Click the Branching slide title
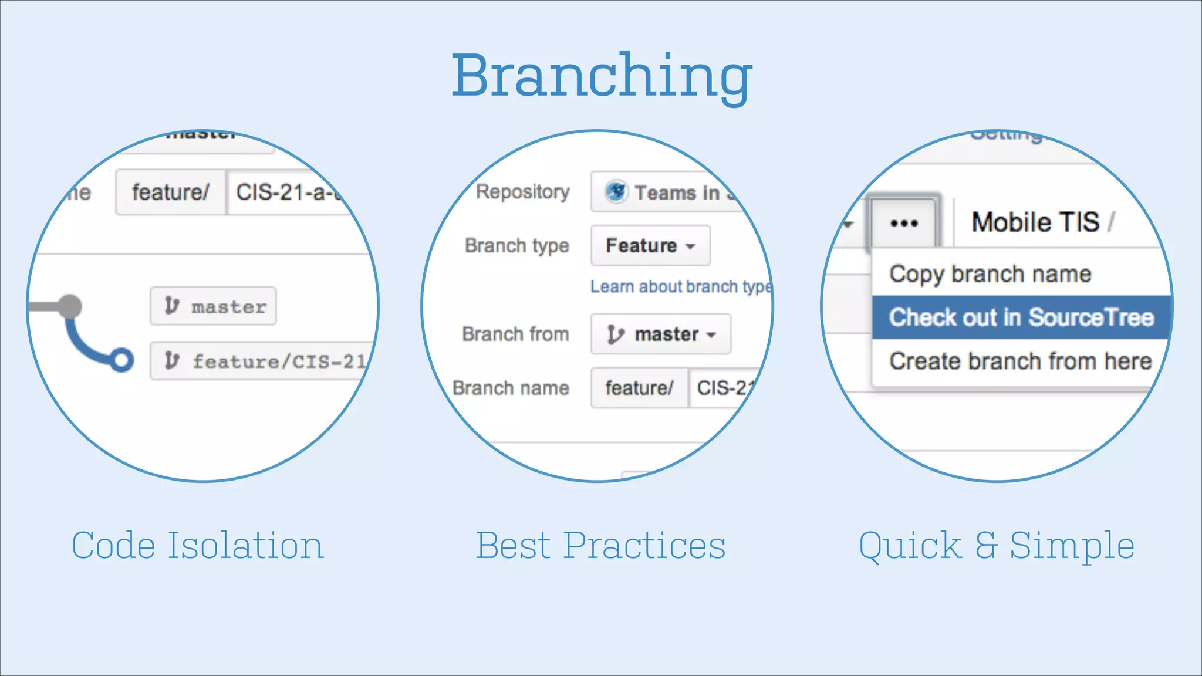coord(602,76)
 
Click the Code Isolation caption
coord(197,546)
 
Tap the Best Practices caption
coord(600,546)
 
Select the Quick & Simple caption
coord(996,546)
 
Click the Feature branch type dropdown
coord(650,245)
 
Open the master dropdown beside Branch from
coord(661,334)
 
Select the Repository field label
coord(522,192)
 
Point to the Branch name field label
coord(511,388)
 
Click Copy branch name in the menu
coord(990,274)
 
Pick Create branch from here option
coord(1020,361)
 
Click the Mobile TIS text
coord(1035,222)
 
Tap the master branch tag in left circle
coord(214,306)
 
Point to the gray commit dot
coord(70,306)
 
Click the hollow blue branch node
coord(121,360)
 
